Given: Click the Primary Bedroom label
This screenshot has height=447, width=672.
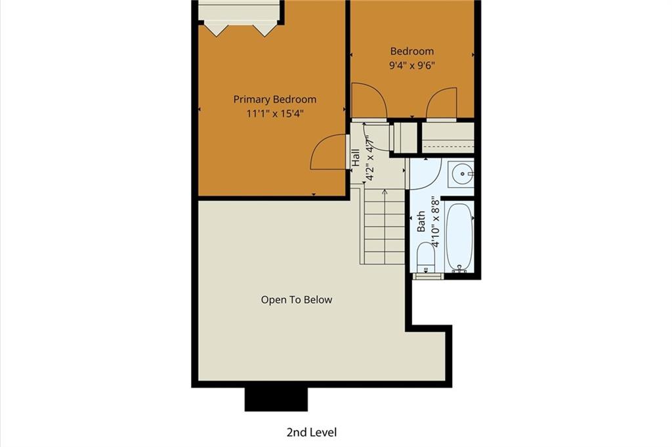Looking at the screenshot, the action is (x=275, y=99).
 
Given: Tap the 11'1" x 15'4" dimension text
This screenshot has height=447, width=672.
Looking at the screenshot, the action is (x=275, y=114).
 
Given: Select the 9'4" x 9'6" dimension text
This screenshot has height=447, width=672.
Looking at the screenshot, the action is (x=412, y=66).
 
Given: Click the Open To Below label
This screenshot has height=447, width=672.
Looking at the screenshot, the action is (x=297, y=299).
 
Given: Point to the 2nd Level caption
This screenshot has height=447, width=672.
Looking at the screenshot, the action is (x=312, y=432).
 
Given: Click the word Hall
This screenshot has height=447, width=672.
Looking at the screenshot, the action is (x=356, y=158).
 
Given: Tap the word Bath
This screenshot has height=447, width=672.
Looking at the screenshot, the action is (x=421, y=221).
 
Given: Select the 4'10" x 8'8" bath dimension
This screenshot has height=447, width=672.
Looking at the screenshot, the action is (x=435, y=222).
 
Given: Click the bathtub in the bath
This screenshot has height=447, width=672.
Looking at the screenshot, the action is (x=459, y=236).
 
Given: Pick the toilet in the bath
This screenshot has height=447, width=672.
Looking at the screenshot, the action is (x=425, y=257).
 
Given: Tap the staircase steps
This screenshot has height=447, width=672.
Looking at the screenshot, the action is (x=384, y=226).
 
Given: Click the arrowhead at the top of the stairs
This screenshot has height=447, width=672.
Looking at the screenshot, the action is (x=385, y=192).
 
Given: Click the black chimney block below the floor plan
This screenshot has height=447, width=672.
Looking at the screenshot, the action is (x=276, y=399).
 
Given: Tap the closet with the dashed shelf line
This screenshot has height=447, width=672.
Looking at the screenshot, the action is (x=448, y=138).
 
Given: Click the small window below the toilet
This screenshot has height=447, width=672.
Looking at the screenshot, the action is (x=428, y=276).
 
